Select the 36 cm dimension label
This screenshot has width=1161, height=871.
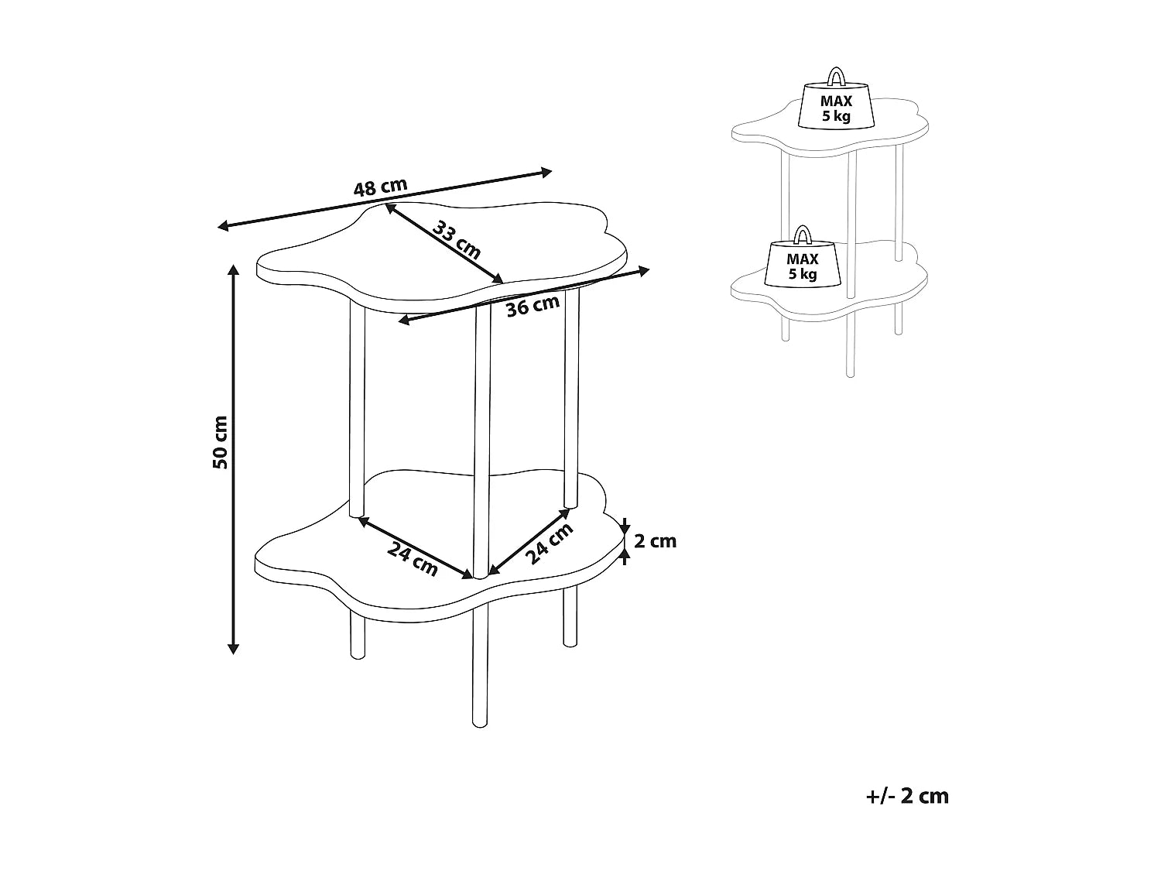533,306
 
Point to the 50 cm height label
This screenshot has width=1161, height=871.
220,442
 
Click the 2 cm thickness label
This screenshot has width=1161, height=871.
655,541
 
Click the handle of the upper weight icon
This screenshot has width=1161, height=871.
836,76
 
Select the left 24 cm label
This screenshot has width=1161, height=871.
413,558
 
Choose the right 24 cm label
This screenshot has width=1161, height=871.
550,544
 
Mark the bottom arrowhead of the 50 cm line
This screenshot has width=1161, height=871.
233,648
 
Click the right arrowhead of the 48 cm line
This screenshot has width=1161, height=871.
546,171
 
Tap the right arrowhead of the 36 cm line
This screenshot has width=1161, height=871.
643,271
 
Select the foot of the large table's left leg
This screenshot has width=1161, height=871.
358,654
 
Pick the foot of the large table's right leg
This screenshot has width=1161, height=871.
570,642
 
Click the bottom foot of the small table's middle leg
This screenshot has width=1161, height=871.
851,374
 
